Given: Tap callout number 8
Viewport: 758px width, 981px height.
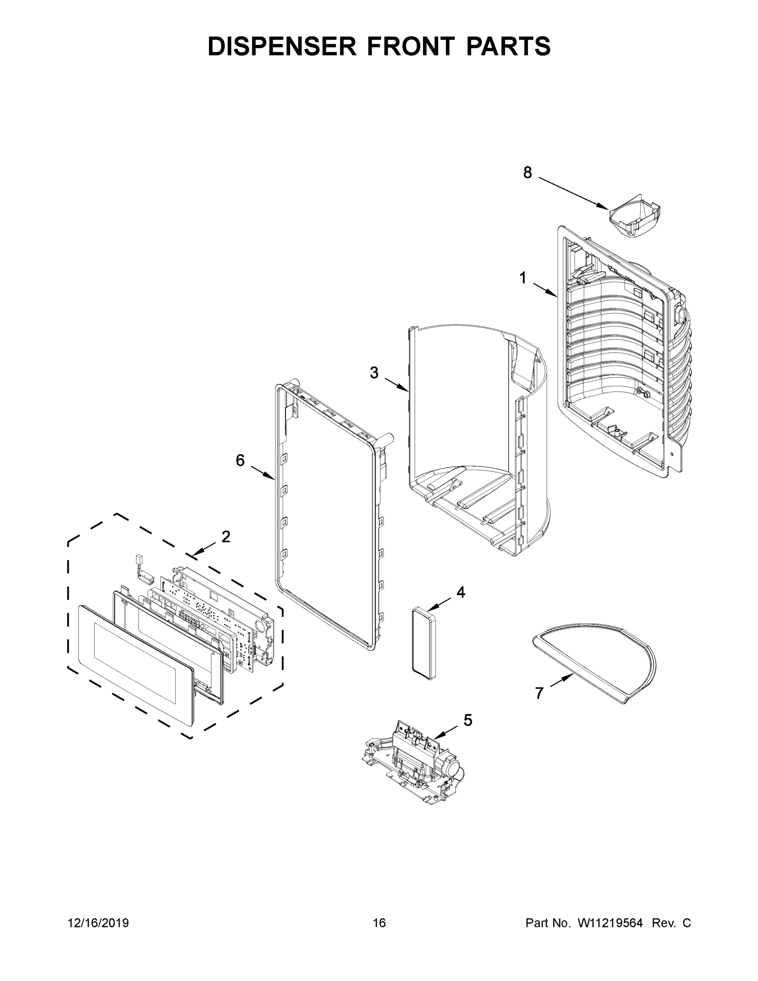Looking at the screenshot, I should pos(527,172).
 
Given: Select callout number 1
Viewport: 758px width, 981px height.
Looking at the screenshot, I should pos(523,278).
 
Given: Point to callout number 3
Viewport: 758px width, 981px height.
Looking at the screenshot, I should pos(374,373).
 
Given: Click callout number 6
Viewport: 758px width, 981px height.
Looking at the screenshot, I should pos(240,460).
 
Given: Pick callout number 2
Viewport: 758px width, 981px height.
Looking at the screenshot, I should pos(226,536).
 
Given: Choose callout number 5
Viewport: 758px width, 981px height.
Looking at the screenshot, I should pos(468,720).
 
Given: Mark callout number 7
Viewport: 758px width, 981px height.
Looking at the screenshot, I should pos(539,693).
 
